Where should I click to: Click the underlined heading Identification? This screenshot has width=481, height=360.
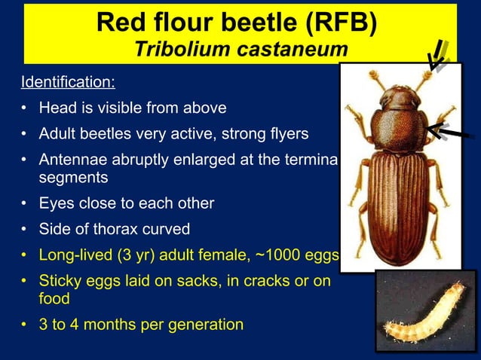[68, 81]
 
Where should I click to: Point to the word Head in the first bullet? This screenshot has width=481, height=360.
[57, 108]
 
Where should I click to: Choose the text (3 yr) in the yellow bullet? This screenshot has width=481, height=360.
[146, 256]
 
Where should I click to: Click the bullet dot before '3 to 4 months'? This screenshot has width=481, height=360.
[25, 325]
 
